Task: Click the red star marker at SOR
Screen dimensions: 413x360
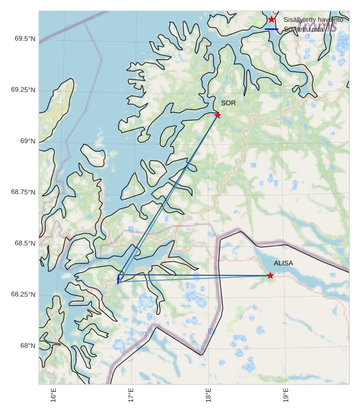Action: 217,115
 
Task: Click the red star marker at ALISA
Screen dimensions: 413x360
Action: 270,275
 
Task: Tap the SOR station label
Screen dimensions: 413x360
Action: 228,103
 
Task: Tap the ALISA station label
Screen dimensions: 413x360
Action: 283,263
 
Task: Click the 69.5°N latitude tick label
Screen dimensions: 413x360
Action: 25,39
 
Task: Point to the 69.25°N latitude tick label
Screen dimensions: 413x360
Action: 23,90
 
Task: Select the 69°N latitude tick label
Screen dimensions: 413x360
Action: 28,141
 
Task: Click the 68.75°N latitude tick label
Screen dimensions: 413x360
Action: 23,192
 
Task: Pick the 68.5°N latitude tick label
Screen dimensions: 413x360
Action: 25,243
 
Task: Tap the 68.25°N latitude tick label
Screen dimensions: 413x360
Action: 23,295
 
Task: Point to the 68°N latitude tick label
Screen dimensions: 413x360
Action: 28,346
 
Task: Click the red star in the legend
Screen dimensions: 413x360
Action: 271,19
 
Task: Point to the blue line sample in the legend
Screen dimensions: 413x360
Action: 271,29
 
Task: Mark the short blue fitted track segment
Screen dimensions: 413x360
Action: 119,279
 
